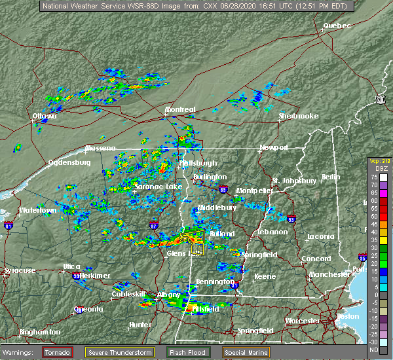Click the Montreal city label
pos(180,109)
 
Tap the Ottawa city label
pos(45,117)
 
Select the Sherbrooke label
pos(299,116)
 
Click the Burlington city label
pos(210,177)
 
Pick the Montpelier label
pos(254,190)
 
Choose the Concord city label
pos(316,259)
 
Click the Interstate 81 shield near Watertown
pos(9,226)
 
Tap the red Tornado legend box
pos(58,352)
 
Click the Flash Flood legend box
pos(188,352)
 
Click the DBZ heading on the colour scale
pos(374,168)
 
